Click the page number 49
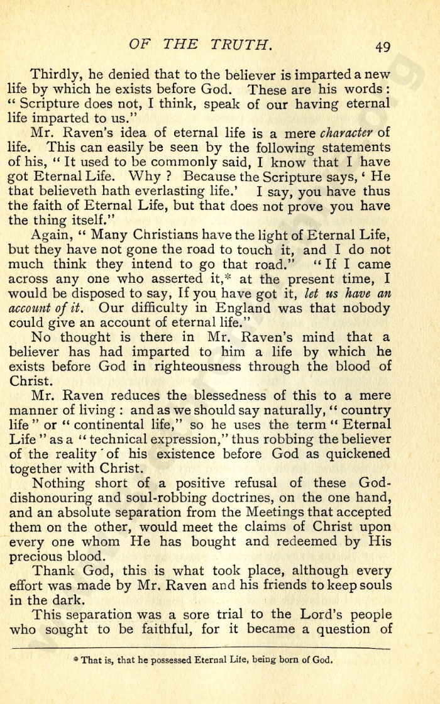tap(383, 46)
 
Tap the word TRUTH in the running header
tap(241, 44)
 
